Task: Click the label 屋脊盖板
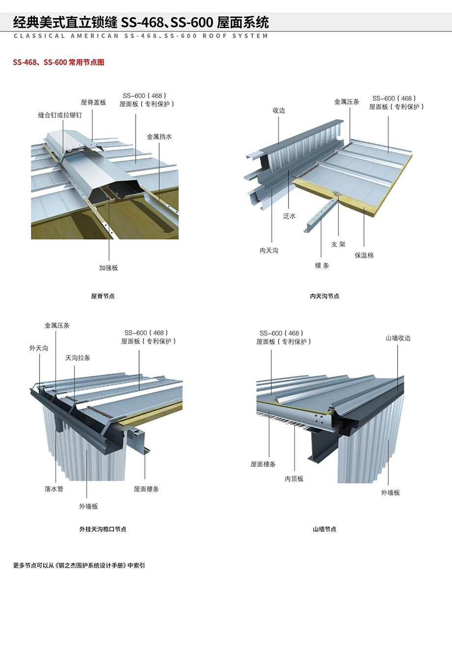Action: [x=93, y=103]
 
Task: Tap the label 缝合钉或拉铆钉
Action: [x=60, y=115]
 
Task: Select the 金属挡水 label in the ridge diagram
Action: [x=159, y=136]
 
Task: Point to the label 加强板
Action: [x=109, y=268]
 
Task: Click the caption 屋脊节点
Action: [x=103, y=296]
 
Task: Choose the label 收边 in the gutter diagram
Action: [x=279, y=110]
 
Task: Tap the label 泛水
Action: [x=289, y=216]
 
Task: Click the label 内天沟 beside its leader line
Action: [x=269, y=250]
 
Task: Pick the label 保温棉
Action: [x=364, y=255]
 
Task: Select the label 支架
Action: [x=339, y=244]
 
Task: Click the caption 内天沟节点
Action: [x=324, y=296]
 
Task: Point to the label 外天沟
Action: [x=39, y=348]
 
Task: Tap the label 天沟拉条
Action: [x=78, y=358]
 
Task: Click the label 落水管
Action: [x=54, y=489]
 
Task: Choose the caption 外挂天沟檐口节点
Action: [x=103, y=529]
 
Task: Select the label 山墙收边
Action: [x=398, y=338]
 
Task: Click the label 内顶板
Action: [x=294, y=479]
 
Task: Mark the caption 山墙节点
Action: [x=324, y=529]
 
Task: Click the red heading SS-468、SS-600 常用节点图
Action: [x=58, y=62]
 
